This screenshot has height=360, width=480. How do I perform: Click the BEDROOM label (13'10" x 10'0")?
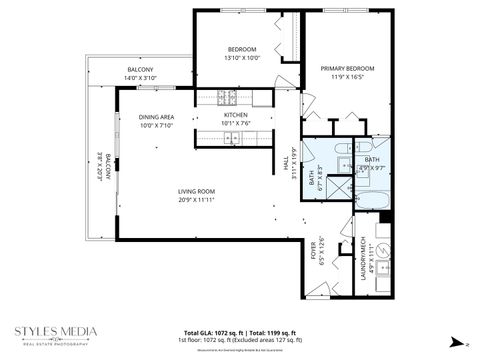click(x=242, y=49)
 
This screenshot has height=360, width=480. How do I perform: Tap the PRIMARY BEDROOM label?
click(x=346, y=69)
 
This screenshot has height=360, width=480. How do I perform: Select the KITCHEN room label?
click(x=236, y=115)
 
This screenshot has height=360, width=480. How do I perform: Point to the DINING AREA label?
click(x=157, y=117)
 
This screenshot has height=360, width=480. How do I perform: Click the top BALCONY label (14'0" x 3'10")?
click(x=140, y=69)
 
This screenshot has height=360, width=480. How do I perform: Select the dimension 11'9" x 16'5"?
click(x=346, y=77)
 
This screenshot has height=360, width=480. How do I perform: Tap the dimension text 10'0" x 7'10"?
click(x=157, y=125)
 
